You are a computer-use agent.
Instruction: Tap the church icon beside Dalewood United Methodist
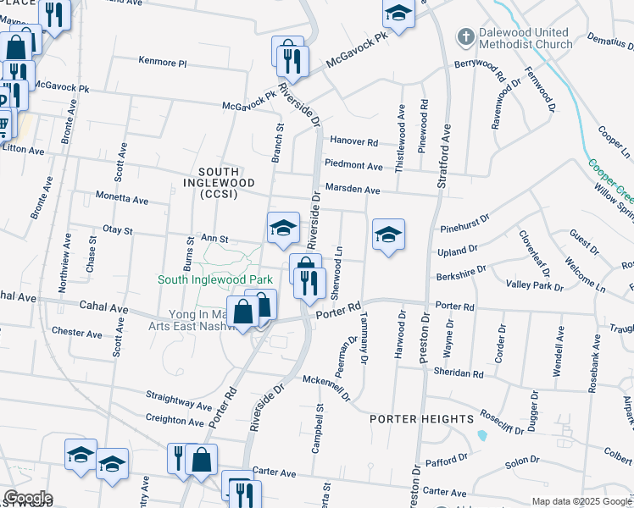click(x=464, y=37)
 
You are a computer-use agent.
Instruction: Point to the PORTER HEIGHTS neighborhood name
click(x=421, y=419)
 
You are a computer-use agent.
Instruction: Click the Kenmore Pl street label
click(x=162, y=62)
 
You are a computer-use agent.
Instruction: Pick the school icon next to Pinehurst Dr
click(x=388, y=235)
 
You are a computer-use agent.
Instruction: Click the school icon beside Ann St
click(x=283, y=227)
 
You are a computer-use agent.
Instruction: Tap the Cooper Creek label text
click(x=609, y=179)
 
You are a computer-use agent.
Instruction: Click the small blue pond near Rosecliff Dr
click(x=482, y=436)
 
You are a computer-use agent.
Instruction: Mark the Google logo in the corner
click(x=27, y=498)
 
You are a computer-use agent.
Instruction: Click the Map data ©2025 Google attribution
click(x=581, y=501)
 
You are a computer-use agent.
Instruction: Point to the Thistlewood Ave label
click(x=402, y=126)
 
